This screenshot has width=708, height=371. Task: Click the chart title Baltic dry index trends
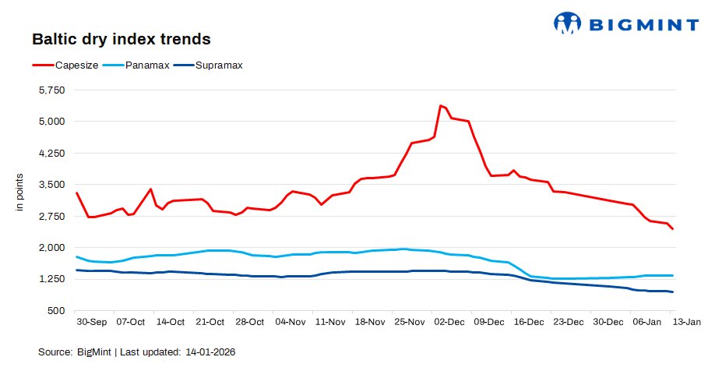click(121, 38)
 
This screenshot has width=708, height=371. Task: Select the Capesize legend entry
click(76, 65)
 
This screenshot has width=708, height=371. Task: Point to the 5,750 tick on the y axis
click(51, 90)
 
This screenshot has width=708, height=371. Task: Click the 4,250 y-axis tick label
click(51, 154)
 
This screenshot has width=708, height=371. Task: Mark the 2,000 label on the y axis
click(51, 248)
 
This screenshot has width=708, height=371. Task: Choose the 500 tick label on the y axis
click(57, 311)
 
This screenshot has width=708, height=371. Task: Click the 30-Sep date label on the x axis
click(91, 322)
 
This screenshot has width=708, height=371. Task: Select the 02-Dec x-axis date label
click(449, 322)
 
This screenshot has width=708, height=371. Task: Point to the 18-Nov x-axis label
click(369, 322)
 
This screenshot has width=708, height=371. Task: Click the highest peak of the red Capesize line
click(441, 105)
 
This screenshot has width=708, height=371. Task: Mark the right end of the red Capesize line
click(673, 229)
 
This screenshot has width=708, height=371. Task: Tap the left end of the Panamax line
click(76, 256)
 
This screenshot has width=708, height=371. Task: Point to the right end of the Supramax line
click(673, 292)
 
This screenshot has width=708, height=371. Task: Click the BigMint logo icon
click(568, 23)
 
